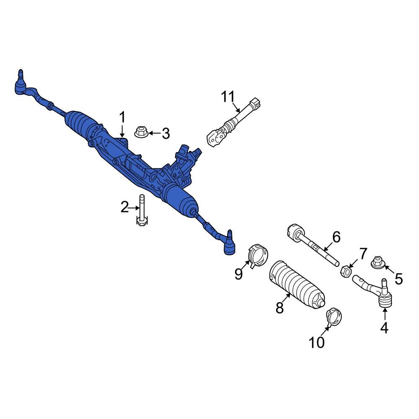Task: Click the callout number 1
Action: coord(122,117)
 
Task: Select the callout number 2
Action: coord(125,207)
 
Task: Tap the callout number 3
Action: coord(166,134)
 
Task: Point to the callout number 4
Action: coord(384,328)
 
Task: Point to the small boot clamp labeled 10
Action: coord(334,317)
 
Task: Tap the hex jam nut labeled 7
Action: coord(344,272)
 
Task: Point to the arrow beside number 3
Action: coord(153,134)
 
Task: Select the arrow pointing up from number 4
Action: coord(384,314)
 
